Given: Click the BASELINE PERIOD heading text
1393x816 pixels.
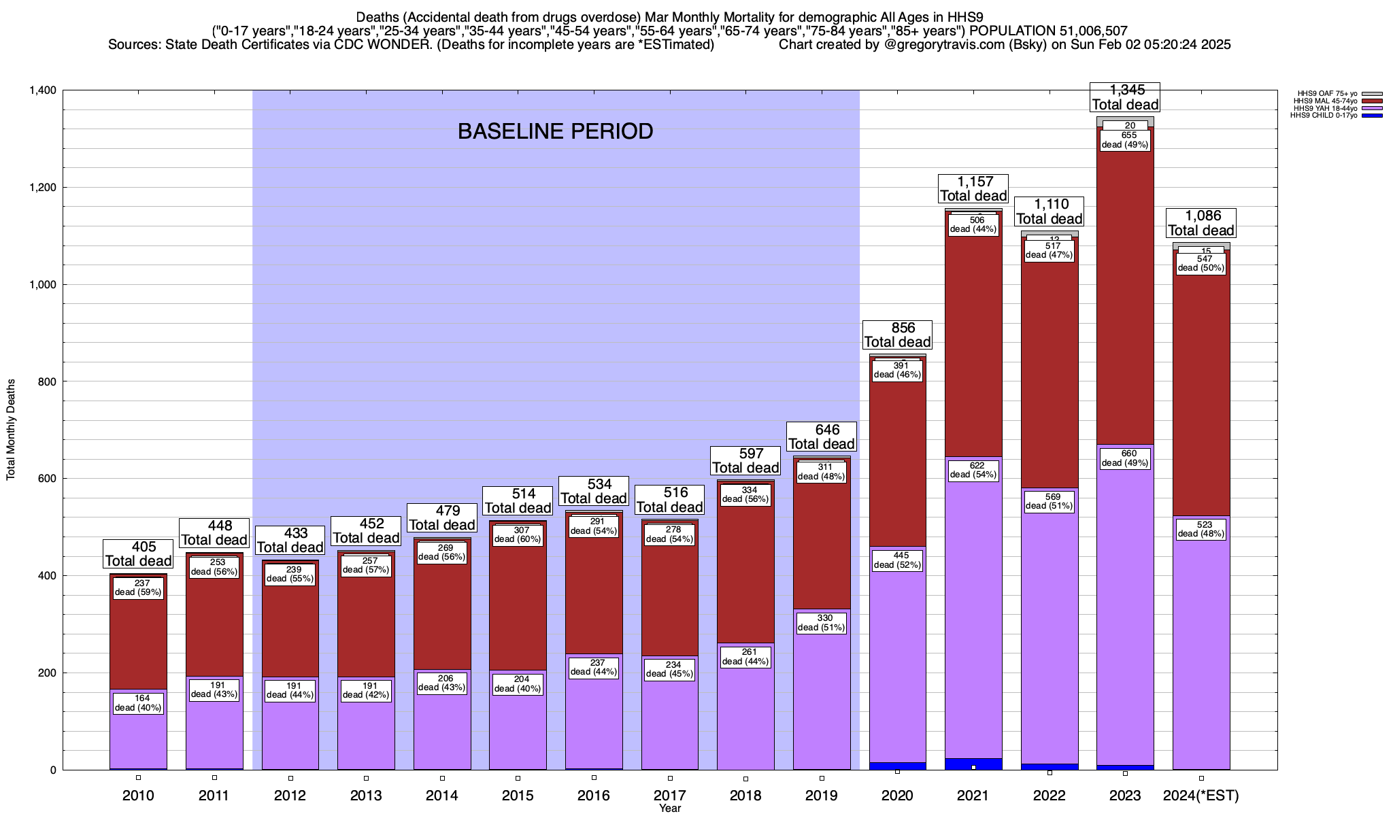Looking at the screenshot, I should click(x=555, y=131).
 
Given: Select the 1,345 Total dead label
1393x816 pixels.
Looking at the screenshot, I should click(x=1125, y=97).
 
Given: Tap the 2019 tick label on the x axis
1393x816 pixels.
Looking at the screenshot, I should click(x=822, y=796).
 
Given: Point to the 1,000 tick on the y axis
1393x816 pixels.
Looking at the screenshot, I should click(x=43, y=285).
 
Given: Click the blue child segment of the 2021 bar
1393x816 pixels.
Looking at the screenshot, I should click(x=973, y=763).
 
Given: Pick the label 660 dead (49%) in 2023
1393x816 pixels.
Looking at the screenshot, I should click(x=1125, y=458).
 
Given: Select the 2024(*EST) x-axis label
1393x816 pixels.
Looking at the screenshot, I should click(x=1201, y=796).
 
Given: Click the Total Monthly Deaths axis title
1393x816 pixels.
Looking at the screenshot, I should click(x=11, y=430).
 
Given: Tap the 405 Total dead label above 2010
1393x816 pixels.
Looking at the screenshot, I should click(x=138, y=554).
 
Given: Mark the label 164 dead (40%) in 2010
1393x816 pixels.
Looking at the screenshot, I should click(x=138, y=703).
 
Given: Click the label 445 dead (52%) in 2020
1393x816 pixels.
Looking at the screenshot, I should click(x=897, y=560).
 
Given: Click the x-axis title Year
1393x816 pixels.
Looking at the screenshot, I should click(x=670, y=809).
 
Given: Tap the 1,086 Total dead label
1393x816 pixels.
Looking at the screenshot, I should click(x=1201, y=223).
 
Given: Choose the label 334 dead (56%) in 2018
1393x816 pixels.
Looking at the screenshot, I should click(x=745, y=494).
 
